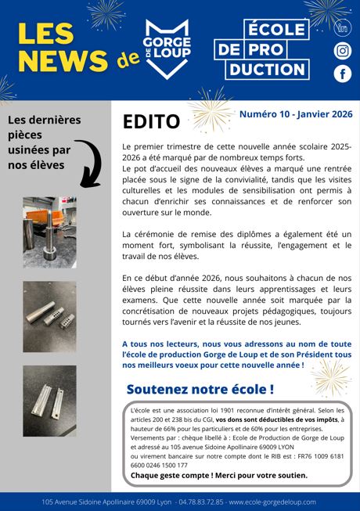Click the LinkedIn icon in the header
(342, 28)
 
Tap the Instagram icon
(342, 51)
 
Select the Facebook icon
(342, 74)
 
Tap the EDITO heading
(151, 121)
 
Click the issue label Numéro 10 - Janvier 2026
(295, 114)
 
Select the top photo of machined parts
(49, 232)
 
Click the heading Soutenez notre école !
(200, 389)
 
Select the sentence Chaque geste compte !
(165, 475)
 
